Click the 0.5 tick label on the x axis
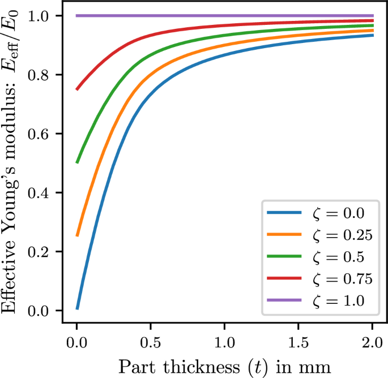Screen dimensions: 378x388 (151, 343)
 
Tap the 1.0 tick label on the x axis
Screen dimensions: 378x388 (224, 343)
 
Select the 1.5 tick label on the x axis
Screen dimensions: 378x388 (299, 343)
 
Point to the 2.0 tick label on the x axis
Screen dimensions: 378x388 (373, 343)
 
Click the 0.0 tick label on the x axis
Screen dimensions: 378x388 (76, 343)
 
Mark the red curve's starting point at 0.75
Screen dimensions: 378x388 (77, 89)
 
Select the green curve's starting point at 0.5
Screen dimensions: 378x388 (77, 162)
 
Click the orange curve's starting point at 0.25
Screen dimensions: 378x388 (77, 235)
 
